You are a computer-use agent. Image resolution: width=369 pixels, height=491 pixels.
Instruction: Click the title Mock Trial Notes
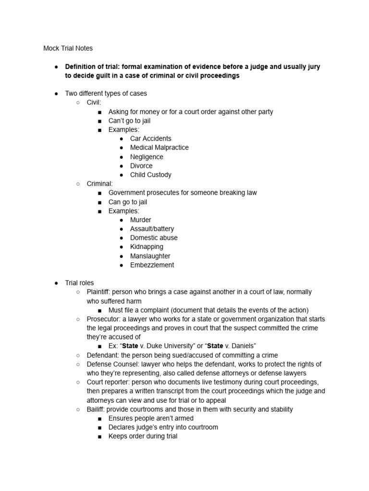68,48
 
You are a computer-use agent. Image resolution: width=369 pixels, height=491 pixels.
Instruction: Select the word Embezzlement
152,265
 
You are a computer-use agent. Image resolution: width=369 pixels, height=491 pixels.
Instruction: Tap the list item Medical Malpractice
159,147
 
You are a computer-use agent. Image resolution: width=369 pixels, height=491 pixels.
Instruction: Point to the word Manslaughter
150,256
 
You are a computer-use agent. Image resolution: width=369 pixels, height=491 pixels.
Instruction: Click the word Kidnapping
147,246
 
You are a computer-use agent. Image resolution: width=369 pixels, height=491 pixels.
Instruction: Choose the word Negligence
147,157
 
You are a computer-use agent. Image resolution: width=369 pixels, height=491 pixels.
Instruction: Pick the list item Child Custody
150,175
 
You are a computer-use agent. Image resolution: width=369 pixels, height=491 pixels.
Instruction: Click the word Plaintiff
98,292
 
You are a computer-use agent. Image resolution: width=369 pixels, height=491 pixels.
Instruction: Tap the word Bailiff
96,409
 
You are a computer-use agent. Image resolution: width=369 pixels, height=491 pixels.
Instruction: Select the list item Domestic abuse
154,237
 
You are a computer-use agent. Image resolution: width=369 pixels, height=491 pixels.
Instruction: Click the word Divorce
141,165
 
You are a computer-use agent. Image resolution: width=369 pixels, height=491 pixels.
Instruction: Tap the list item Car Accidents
150,139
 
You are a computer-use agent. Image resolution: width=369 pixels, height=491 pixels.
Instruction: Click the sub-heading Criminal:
99,184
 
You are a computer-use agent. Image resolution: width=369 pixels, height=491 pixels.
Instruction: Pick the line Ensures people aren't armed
150,418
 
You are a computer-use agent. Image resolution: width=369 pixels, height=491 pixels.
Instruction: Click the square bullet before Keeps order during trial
99,436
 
